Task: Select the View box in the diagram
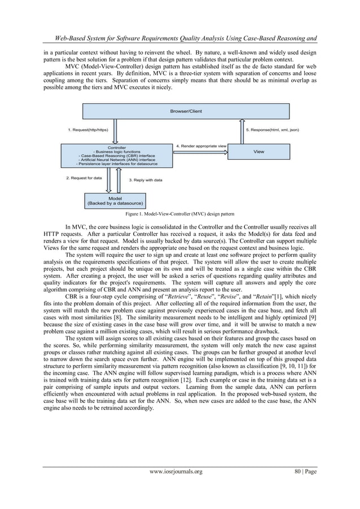pyautogui.click(x=258, y=152)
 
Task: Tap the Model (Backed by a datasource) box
pyautogui.click(x=115, y=200)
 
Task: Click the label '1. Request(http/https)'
pyautogui.click(x=87, y=130)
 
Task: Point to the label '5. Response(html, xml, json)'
pyautogui.click(x=273, y=130)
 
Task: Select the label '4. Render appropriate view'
pyautogui.click(x=201, y=146)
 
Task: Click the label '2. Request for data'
pyautogui.click(x=84, y=178)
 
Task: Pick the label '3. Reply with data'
pyautogui.click(x=146, y=180)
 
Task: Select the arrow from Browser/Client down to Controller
pyautogui.click(x=116, y=131)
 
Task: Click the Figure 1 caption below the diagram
pyautogui.click(x=179, y=214)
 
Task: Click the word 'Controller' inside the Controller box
pyautogui.click(x=117, y=148)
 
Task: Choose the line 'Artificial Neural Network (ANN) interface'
pyautogui.click(x=117, y=160)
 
